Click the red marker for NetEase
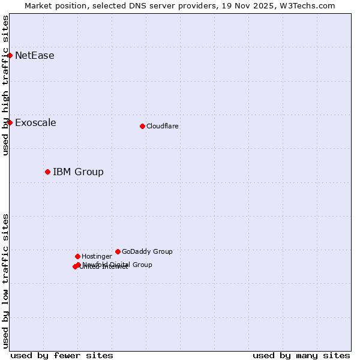tap(10, 55)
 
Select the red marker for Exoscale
tap(10, 122)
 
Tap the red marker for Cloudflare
tap(142, 126)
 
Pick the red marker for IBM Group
tap(47, 172)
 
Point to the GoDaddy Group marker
tap(118, 251)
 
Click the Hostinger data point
tap(77, 256)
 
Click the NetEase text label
tap(34, 56)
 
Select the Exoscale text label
tap(35, 123)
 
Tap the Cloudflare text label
tap(162, 126)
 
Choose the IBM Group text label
tap(78, 172)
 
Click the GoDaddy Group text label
tap(147, 251)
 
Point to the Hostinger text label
tap(97, 256)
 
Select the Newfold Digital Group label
tap(118, 264)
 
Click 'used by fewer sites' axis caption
tap(62, 355)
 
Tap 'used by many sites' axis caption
tap(301, 355)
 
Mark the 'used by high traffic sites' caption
tap(5, 85)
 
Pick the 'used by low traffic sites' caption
tap(5, 280)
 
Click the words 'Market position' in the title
tap(53, 5)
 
